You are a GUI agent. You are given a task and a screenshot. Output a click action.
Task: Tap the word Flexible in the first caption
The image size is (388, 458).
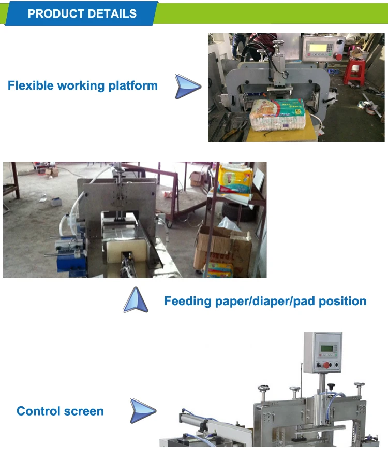[x=31, y=85]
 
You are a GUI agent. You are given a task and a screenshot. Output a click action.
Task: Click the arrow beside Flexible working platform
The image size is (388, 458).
[x=187, y=86]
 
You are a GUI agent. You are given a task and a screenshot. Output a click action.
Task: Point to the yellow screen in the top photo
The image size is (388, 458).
[x=316, y=48]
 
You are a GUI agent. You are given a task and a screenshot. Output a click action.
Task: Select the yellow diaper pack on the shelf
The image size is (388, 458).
[x=235, y=179]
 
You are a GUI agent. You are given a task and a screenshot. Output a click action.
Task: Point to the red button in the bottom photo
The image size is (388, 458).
[x=326, y=364]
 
